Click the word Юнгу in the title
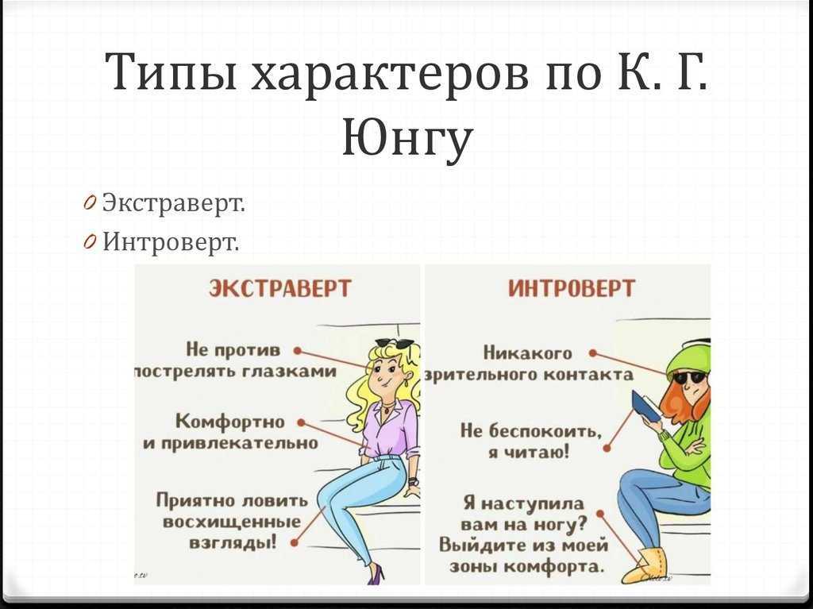(407, 137)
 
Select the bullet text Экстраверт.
(173, 202)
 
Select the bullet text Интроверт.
(171, 241)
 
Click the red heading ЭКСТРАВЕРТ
(280, 288)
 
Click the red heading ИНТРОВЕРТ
(571, 288)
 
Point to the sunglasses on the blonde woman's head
(395, 343)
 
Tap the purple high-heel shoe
(376, 574)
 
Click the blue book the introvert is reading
(645, 406)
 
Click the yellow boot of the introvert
(645, 566)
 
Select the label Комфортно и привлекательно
(231, 432)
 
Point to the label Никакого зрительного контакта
(529, 364)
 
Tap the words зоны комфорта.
(527, 566)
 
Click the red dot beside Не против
(297, 351)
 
